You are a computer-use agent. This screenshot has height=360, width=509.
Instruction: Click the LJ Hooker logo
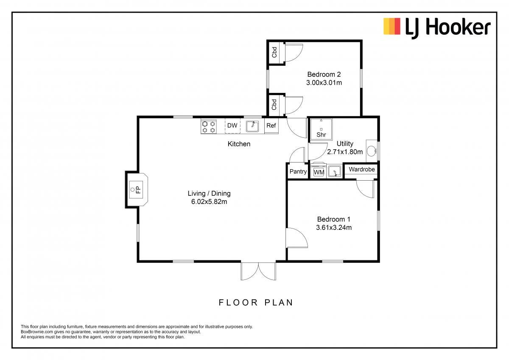click(437, 28)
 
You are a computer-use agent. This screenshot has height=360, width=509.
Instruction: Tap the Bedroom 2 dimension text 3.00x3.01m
click(324, 83)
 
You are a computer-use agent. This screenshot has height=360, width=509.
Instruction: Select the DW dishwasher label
click(232, 126)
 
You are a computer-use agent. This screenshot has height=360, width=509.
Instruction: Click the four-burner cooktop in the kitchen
click(209, 127)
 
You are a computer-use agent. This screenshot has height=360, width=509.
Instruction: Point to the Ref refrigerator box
click(271, 126)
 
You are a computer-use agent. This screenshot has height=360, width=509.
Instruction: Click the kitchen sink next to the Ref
click(252, 126)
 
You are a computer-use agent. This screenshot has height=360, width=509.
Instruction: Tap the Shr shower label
click(322, 135)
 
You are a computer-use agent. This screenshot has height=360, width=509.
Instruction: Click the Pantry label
click(298, 171)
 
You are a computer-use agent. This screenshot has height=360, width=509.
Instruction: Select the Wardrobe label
click(362, 170)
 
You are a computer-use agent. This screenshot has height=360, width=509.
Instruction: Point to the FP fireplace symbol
click(136, 190)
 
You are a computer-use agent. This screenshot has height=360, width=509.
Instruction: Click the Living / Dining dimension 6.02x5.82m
click(209, 202)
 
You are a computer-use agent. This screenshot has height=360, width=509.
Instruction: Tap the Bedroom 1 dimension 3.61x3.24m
click(334, 228)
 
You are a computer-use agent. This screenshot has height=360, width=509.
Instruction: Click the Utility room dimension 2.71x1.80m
click(345, 152)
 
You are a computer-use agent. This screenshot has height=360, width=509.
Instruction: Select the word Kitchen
click(239, 144)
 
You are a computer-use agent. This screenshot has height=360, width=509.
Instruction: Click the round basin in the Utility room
click(372, 151)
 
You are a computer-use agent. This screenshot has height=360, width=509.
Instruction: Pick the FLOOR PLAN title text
click(256, 303)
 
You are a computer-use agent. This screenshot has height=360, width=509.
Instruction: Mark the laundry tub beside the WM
click(335, 171)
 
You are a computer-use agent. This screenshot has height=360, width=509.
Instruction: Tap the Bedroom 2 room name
click(324, 74)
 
